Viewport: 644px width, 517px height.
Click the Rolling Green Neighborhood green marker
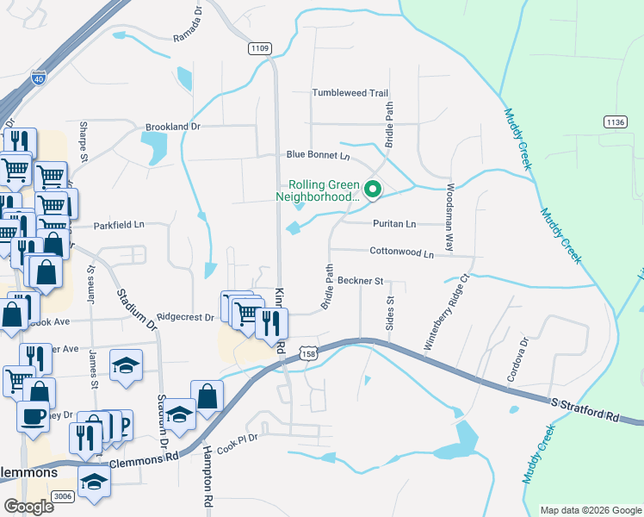point(373,190)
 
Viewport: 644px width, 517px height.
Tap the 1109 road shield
point(260,49)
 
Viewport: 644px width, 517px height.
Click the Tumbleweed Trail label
point(350,93)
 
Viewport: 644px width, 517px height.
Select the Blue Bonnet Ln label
point(318,156)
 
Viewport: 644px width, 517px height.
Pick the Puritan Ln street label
point(393,224)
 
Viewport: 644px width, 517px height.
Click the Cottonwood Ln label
point(401,253)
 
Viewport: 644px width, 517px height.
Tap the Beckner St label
point(360,281)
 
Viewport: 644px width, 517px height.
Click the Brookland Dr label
point(172,127)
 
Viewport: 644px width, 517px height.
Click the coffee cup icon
point(34,415)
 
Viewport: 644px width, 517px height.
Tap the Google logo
point(29,507)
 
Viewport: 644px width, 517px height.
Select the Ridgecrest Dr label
point(185,317)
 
